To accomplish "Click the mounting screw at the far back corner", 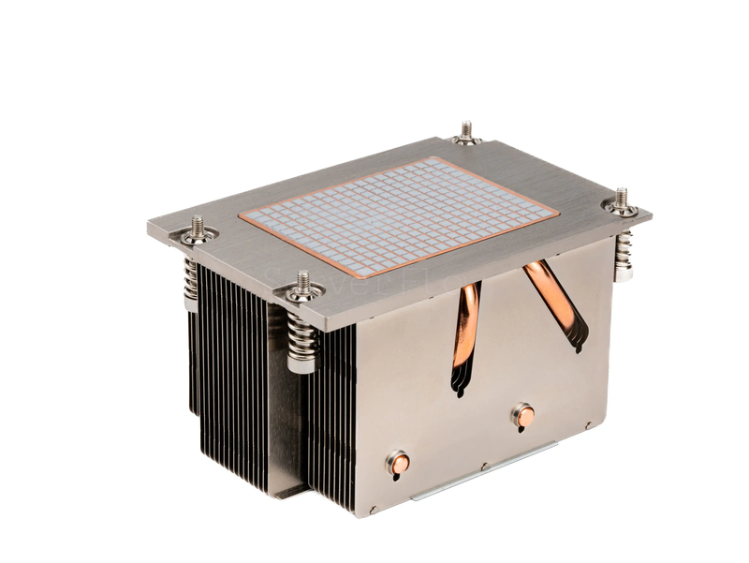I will pyautogui.click(x=466, y=134).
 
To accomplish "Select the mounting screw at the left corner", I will pyautogui.click(x=198, y=230).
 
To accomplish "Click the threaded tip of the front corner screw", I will pyautogui.click(x=303, y=278).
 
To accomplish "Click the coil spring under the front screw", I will pyautogui.click(x=302, y=333).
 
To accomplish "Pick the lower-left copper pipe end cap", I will pyautogui.click(x=400, y=462).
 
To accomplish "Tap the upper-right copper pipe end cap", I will pyautogui.click(x=525, y=415).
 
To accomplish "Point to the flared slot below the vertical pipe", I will pyautogui.click(x=461, y=379).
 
